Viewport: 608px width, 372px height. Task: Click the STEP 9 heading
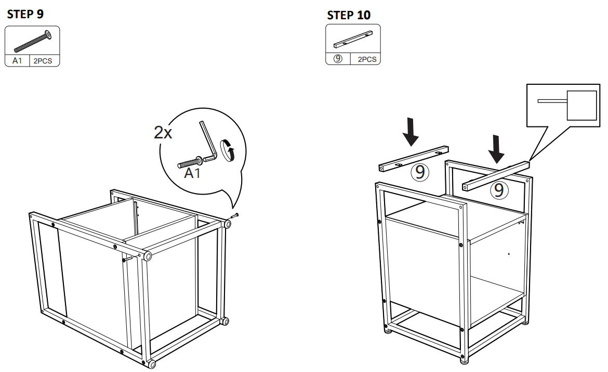pos(25,15)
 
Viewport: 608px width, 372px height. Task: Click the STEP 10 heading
pos(349,15)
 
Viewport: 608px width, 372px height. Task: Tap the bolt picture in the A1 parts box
pos(33,41)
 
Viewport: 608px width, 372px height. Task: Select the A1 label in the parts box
pos(17,61)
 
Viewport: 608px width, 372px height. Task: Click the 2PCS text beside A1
pos(44,61)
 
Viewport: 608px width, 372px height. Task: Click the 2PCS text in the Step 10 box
pos(367,59)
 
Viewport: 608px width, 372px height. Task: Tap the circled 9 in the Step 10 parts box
pos(338,59)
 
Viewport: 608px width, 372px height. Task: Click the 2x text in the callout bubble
pos(163,133)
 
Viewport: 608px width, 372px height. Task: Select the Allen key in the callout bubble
pos(208,140)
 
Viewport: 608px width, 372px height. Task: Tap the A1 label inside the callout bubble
pos(192,173)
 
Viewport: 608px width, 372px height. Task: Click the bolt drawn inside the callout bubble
pos(190,162)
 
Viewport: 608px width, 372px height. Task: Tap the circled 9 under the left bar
pos(420,172)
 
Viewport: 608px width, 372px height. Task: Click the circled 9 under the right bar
pos(498,190)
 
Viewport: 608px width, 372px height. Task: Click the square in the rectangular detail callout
pos(581,105)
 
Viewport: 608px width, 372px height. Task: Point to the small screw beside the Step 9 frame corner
pos(235,216)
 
